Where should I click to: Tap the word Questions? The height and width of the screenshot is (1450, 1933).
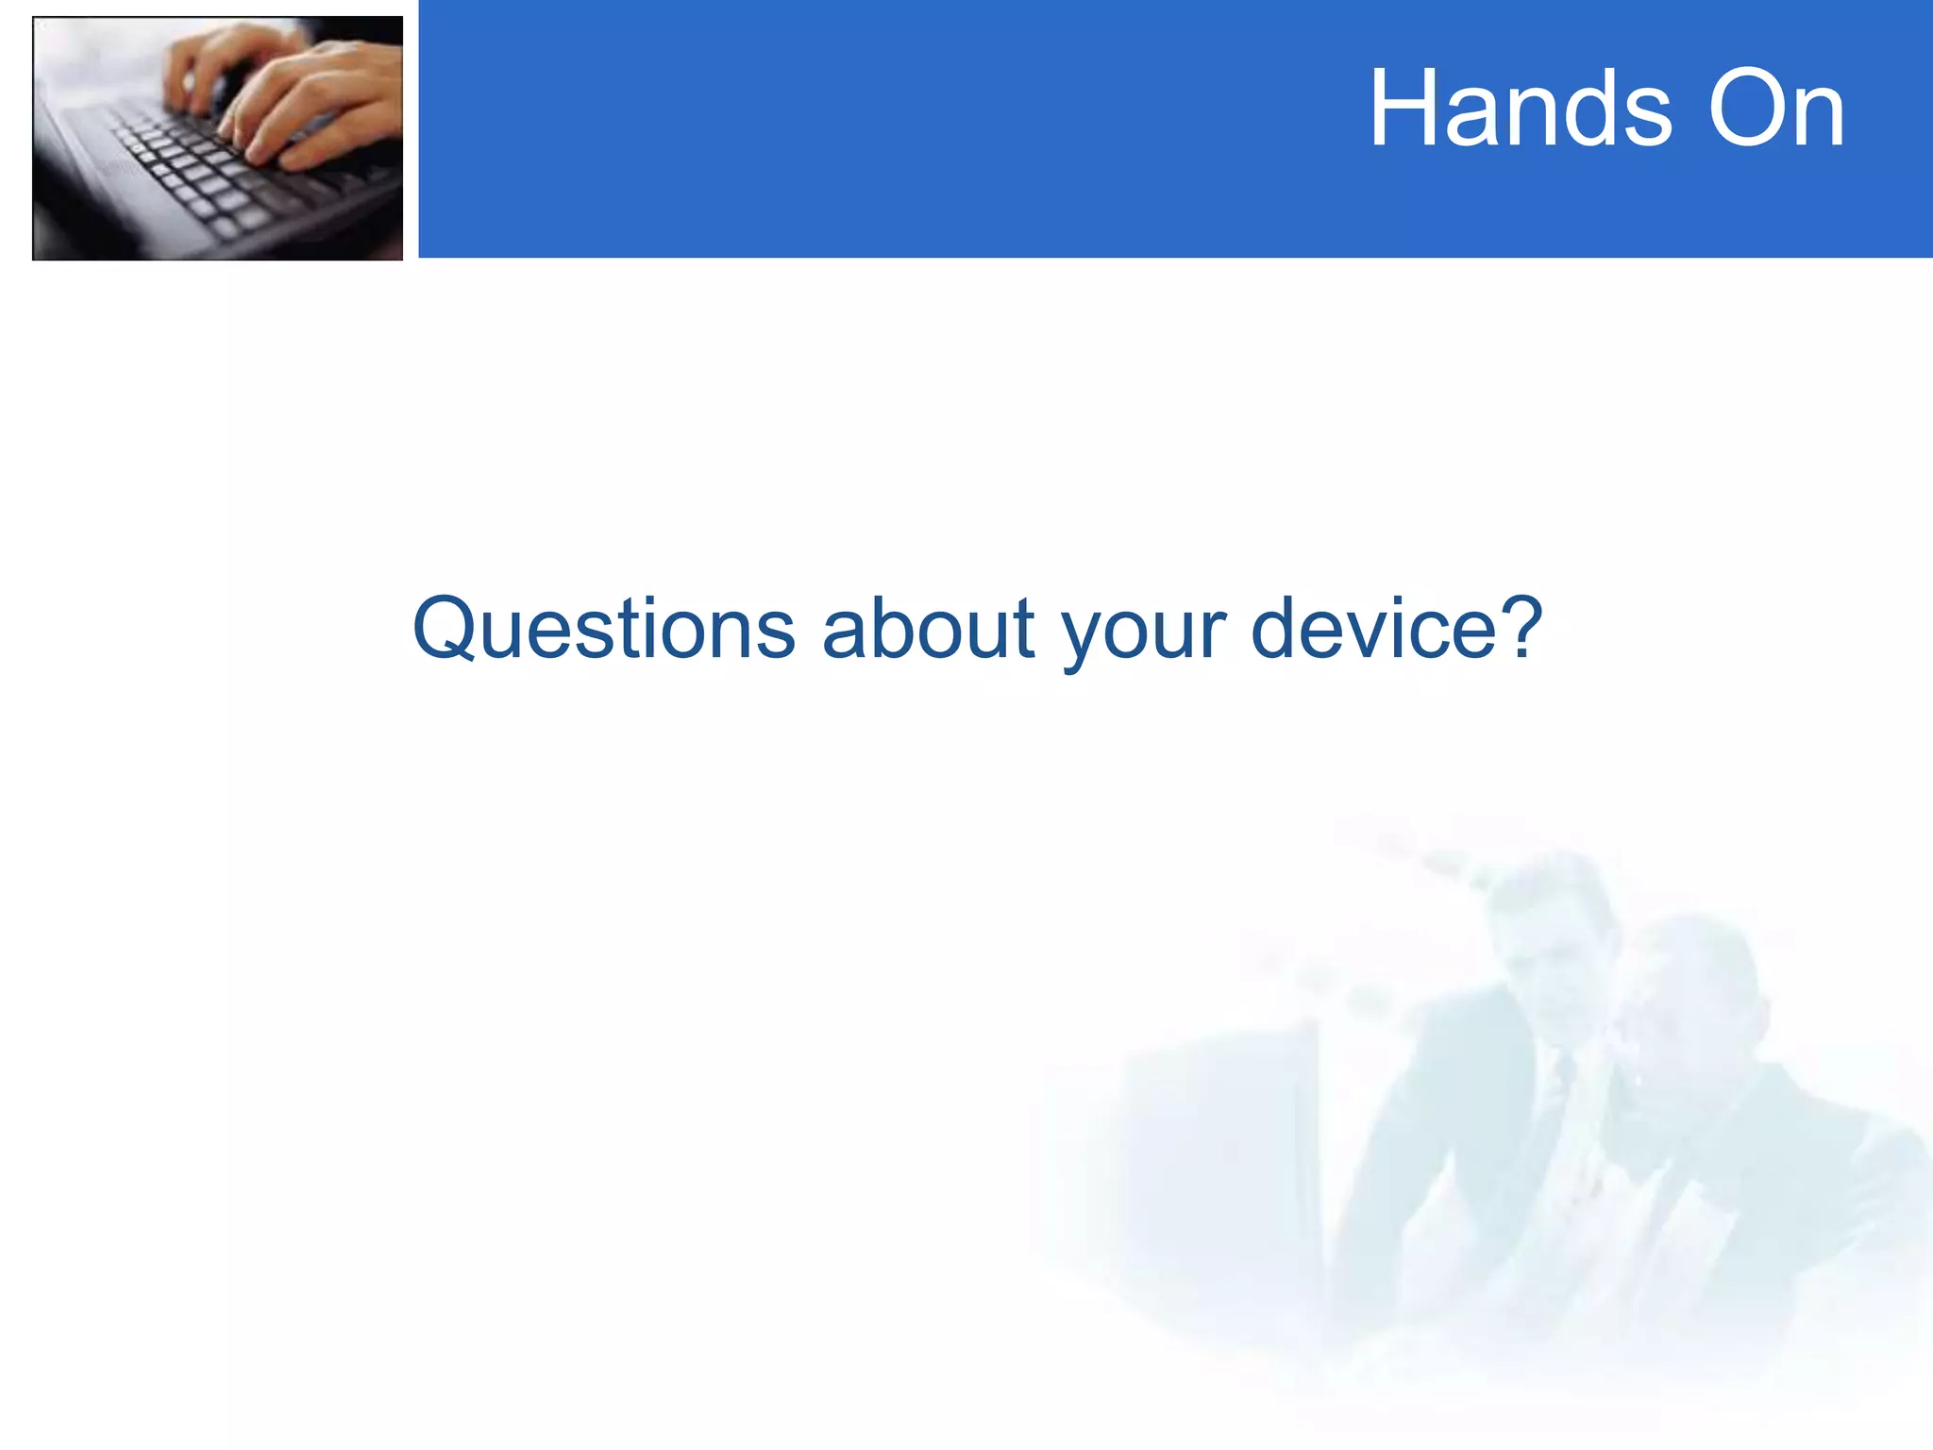pos(604,628)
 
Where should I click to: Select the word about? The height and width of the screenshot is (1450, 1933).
pos(929,628)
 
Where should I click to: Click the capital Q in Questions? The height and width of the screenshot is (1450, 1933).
pos(444,628)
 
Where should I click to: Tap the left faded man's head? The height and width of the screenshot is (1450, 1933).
pos(1548,935)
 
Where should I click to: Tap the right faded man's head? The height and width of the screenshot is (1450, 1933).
pos(1689,1001)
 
